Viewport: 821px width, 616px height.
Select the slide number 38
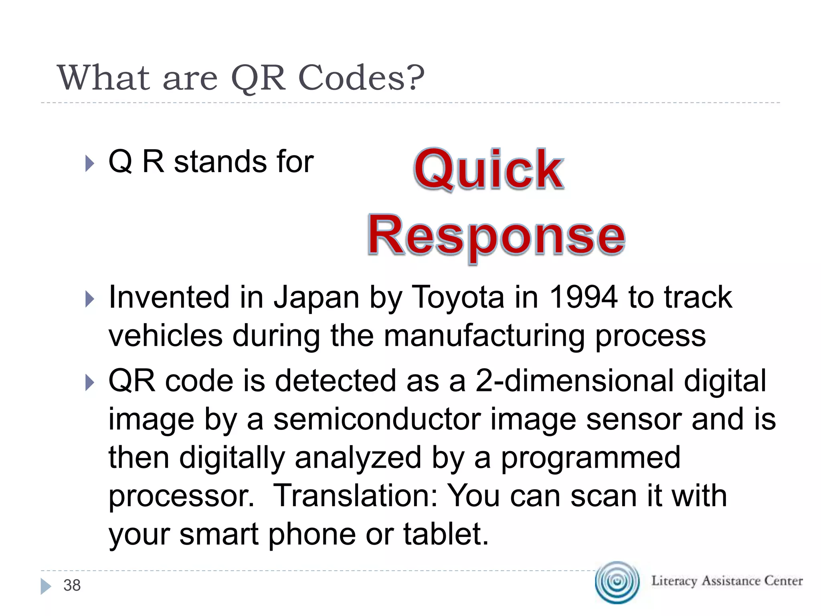tap(72, 586)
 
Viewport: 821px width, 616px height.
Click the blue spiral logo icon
tap(617, 582)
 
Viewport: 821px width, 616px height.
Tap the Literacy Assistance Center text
tap(727, 581)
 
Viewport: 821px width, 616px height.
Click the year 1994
tap(583, 297)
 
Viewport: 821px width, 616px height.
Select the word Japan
tap(316, 297)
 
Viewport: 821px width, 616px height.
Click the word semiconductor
tap(377, 419)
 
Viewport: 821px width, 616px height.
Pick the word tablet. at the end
tap(446, 534)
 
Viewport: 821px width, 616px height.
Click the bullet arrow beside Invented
tap(90, 299)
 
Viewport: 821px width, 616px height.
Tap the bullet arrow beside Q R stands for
tap(90, 164)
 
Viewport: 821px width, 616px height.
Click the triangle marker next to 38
tap(46, 586)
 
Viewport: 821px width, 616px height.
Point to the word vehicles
tap(166, 336)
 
